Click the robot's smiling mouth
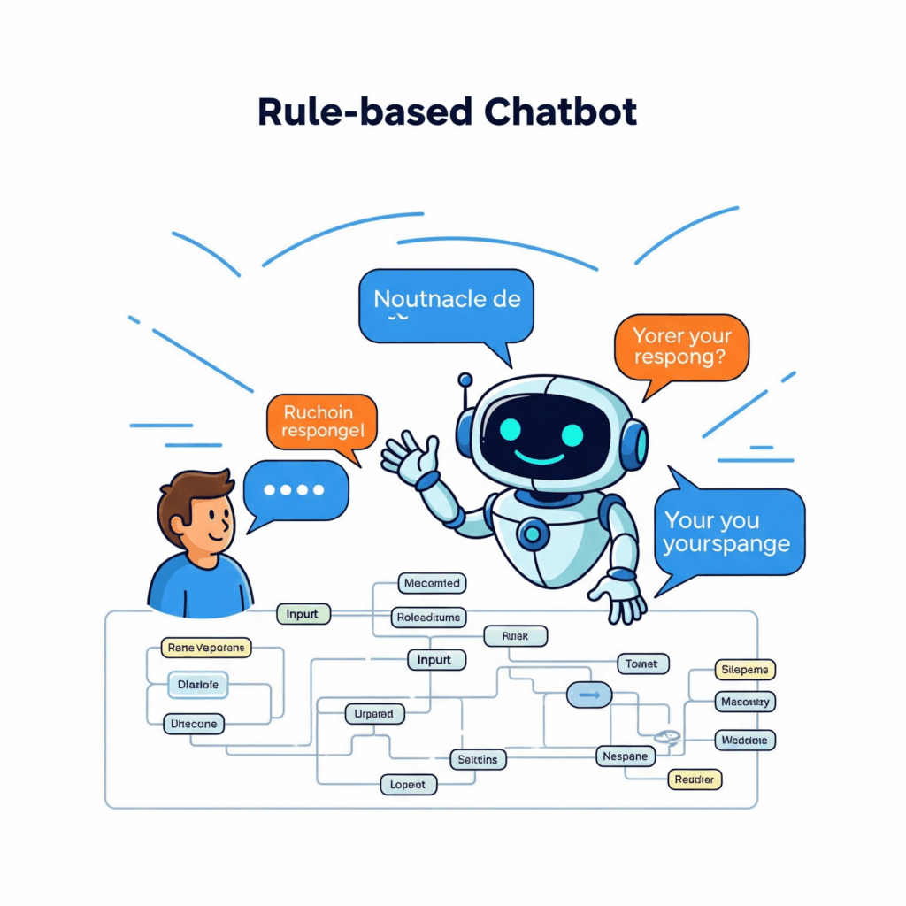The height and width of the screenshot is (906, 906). [x=541, y=457]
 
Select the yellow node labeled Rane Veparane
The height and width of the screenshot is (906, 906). [x=206, y=648]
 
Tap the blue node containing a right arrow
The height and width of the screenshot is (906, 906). [x=589, y=695]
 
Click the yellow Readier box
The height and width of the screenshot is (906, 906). [x=695, y=779]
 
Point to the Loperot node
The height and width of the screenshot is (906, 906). [x=409, y=785]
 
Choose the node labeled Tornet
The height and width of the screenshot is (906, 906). [x=641, y=664]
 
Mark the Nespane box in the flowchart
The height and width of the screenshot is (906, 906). [x=626, y=756]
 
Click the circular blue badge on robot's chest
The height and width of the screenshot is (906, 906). [x=534, y=533]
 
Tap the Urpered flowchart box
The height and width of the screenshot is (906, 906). [x=373, y=713]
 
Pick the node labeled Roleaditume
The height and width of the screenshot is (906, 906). [x=429, y=617]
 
